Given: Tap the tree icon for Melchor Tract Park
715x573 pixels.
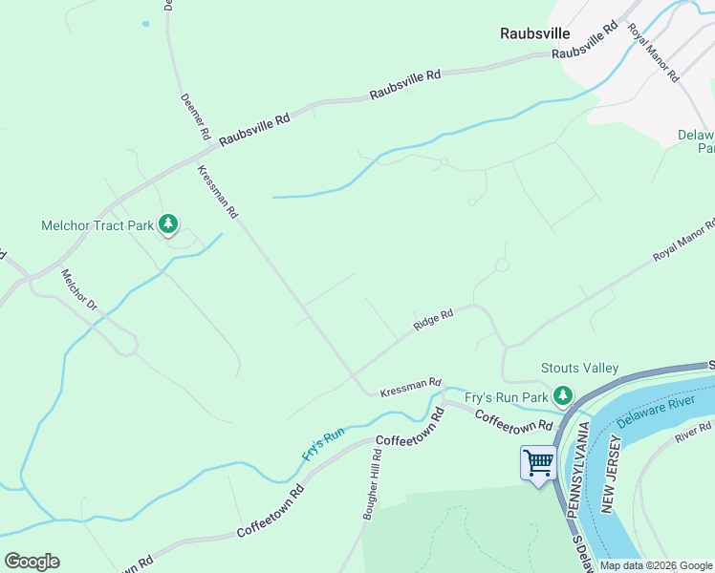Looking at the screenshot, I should (x=168, y=224).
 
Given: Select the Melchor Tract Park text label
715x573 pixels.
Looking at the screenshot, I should (x=97, y=226).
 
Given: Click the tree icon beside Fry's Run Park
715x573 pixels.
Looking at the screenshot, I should (x=563, y=395).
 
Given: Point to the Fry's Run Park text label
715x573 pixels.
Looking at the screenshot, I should (x=507, y=396).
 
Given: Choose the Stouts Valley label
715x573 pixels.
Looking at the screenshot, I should (x=579, y=369).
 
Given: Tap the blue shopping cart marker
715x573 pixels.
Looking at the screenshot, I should (x=538, y=463).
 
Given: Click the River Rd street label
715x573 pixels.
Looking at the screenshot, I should (x=692, y=431).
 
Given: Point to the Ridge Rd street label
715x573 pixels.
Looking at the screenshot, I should (x=432, y=320).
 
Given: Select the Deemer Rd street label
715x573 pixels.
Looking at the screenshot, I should (x=194, y=117).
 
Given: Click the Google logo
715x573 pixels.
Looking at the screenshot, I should (x=32, y=561).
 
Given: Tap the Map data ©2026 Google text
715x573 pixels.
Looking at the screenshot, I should (x=655, y=565).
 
